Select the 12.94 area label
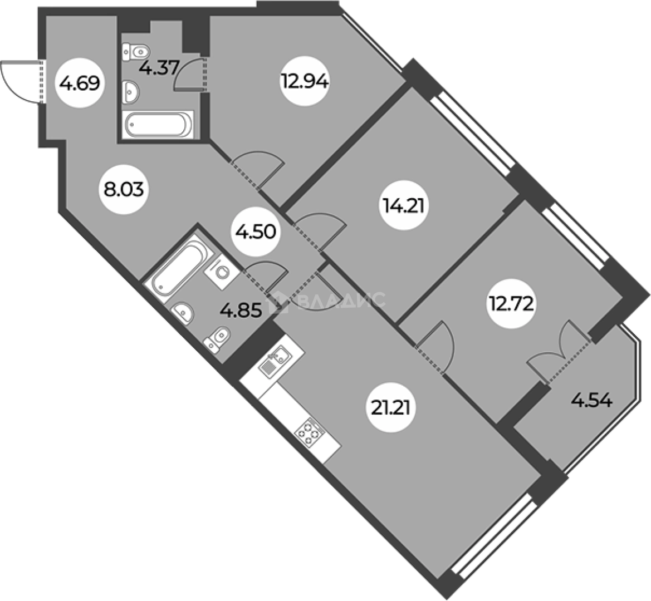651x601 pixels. point(305,81)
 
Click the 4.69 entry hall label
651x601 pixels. point(80,84)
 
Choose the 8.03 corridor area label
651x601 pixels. point(124,190)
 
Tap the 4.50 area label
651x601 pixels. point(255,232)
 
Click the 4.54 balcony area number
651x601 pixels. point(591,401)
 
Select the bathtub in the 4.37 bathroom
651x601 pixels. point(158,125)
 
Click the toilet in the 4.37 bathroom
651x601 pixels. point(136,52)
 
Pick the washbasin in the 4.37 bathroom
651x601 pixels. point(131,91)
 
